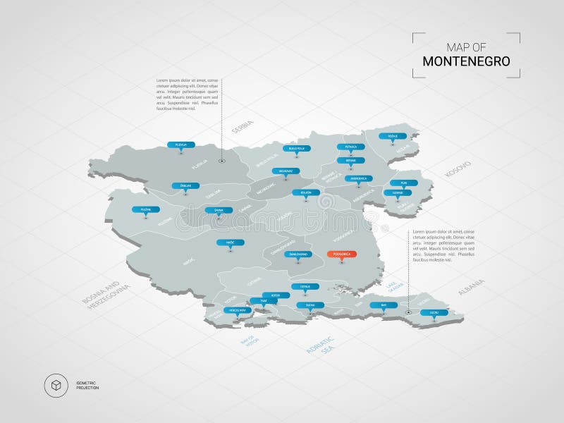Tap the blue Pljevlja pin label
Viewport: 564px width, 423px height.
[181, 145]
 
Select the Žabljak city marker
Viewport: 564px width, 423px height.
[185, 185]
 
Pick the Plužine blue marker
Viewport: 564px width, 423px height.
[146, 209]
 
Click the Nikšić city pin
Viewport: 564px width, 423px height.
[231, 243]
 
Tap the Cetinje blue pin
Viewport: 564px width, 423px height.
[305, 286]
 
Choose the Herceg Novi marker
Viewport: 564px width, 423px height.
[238, 310]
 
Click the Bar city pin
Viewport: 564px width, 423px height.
[384, 305]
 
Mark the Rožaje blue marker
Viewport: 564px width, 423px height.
[393, 135]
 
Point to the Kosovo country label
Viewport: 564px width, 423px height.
[457, 169]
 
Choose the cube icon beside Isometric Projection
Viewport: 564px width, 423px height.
[55, 385]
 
